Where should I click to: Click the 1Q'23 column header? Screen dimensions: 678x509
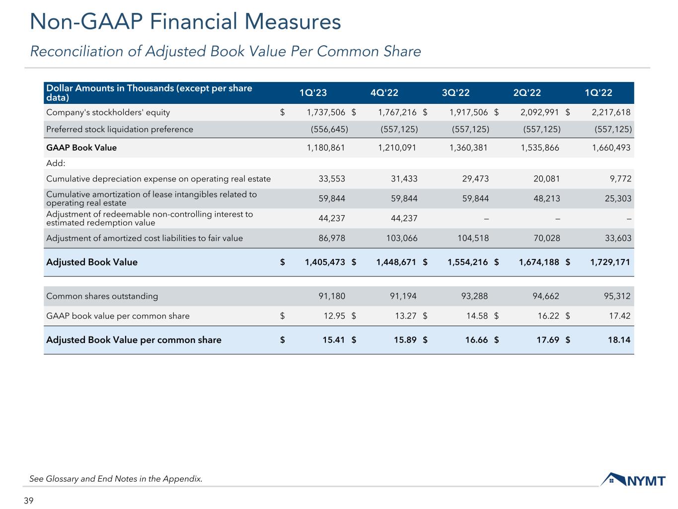(312, 93)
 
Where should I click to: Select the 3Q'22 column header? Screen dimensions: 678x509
(455, 93)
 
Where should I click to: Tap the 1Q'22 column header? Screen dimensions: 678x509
(598, 93)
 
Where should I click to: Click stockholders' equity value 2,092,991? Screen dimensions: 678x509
(539, 112)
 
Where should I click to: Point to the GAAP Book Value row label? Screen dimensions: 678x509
(81, 148)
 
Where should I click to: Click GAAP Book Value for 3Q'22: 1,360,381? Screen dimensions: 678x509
(468, 148)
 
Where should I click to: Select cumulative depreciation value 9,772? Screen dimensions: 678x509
(620, 178)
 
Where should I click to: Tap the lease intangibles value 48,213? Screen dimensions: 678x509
(546, 198)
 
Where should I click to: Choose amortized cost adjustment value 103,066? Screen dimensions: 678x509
(401, 238)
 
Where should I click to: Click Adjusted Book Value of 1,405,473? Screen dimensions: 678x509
(325, 262)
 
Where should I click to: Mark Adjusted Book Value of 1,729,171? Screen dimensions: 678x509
(610, 262)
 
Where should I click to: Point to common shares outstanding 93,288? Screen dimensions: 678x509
(474, 296)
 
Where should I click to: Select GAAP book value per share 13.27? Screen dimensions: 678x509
(406, 316)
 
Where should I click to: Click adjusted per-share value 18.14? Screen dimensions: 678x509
(619, 340)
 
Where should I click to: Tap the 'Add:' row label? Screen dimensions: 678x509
(56, 163)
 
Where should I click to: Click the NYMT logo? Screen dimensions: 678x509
(633, 480)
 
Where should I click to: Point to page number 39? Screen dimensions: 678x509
(28, 501)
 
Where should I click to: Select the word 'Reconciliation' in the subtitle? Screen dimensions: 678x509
(77, 51)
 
